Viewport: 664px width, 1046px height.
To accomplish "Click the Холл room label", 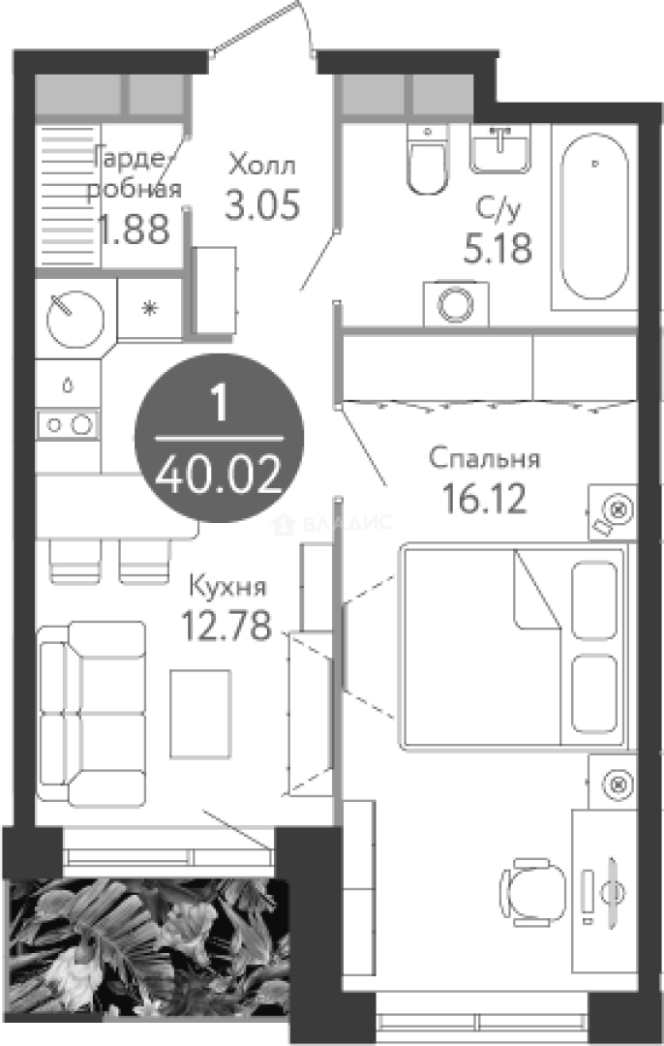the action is click(x=261, y=164).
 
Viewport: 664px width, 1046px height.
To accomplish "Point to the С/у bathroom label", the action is click(x=498, y=209).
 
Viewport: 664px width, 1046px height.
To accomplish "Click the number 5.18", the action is click(x=498, y=248).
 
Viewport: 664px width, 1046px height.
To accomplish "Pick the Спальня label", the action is click(x=484, y=458).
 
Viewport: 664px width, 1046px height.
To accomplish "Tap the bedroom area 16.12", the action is click(x=484, y=499).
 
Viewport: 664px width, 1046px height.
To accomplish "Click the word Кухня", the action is click(x=227, y=586).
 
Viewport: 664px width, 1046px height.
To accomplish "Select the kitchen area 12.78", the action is click(x=226, y=625).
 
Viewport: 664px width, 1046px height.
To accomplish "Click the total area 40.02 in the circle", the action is click(x=219, y=476).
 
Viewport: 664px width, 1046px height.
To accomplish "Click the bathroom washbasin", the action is click(x=500, y=149).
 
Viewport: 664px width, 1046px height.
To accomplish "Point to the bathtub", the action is click(x=594, y=216).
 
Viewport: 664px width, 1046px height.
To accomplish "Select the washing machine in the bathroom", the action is click(x=456, y=304).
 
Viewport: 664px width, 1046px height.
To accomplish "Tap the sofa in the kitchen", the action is click(x=92, y=714).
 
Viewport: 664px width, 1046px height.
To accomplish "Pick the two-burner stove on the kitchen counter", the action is click(x=68, y=424).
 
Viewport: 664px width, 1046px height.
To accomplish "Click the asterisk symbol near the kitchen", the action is click(x=151, y=308).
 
